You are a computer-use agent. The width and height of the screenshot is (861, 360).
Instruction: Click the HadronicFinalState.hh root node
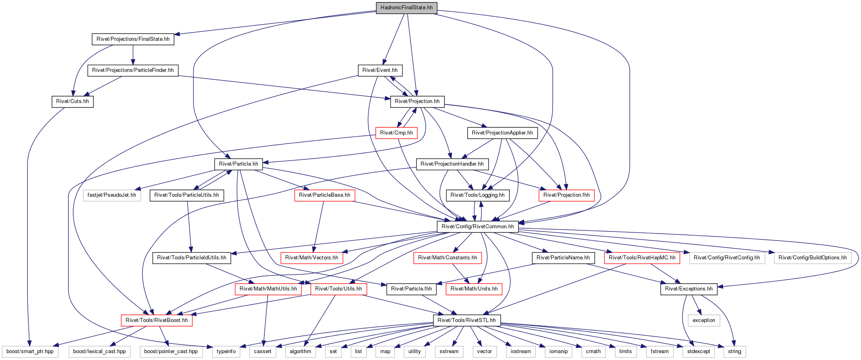click(x=406, y=8)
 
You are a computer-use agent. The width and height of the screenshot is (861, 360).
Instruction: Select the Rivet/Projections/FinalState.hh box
click(x=133, y=39)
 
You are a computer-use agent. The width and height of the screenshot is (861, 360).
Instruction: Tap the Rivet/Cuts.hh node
click(x=72, y=101)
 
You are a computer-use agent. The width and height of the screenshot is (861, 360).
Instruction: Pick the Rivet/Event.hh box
click(x=380, y=70)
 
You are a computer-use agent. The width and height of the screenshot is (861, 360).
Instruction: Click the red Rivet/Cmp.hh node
click(x=396, y=133)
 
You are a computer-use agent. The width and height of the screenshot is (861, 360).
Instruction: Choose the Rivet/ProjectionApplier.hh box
click(x=502, y=133)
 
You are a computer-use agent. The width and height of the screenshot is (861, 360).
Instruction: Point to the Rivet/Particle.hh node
click(x=238, y=164)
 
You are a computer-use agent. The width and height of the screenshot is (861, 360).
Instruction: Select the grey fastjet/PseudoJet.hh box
click(x=112, y=195)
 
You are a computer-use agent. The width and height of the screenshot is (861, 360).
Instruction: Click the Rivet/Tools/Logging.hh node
click(x=478, y=195)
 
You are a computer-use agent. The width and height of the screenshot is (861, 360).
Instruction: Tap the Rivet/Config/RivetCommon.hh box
click(x=478, y=227)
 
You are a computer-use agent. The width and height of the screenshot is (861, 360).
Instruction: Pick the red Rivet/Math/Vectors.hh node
click(x=312, y=258)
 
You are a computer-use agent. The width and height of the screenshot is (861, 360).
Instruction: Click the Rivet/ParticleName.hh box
click(x=563, y=258)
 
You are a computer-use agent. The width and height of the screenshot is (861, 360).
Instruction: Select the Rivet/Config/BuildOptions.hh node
click(x=813, y=258)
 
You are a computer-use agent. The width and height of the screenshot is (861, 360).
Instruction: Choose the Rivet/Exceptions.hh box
click(x=689, y=289)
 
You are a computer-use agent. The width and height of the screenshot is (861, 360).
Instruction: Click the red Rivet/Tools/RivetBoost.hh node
click(x=157, y=320)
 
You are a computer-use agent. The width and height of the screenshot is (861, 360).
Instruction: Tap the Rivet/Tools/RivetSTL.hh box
click(x=467, y=320)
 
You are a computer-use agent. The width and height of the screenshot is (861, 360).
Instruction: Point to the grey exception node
click(x=704, y=320)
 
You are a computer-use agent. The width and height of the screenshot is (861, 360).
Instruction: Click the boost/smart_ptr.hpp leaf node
click(x=30, y=352)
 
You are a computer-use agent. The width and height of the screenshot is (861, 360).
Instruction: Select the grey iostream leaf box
click(x=521, y=352)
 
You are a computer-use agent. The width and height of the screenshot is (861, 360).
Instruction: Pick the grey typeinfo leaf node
click(x=226, y=352)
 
